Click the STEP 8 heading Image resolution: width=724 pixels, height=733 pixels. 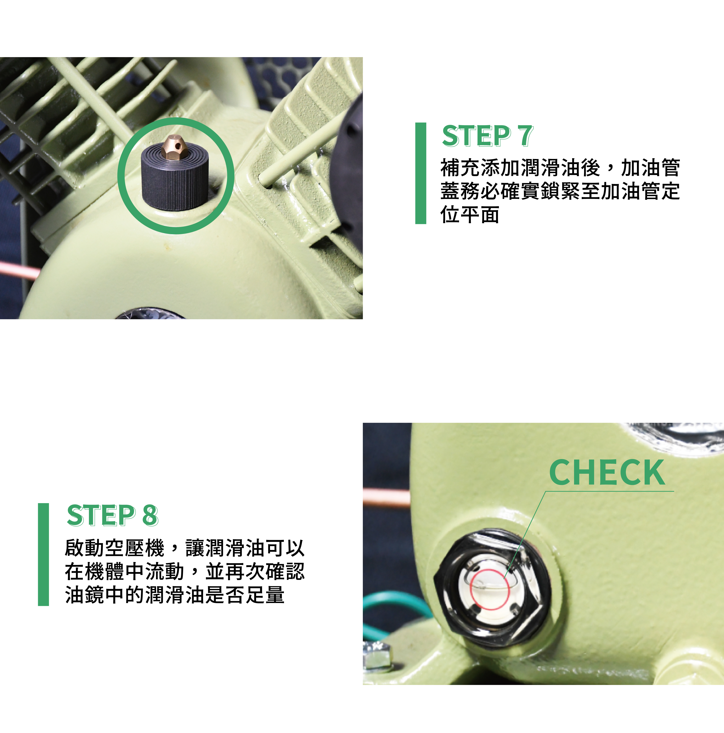(112, 515)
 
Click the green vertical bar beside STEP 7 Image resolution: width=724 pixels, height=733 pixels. (421, 173)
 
